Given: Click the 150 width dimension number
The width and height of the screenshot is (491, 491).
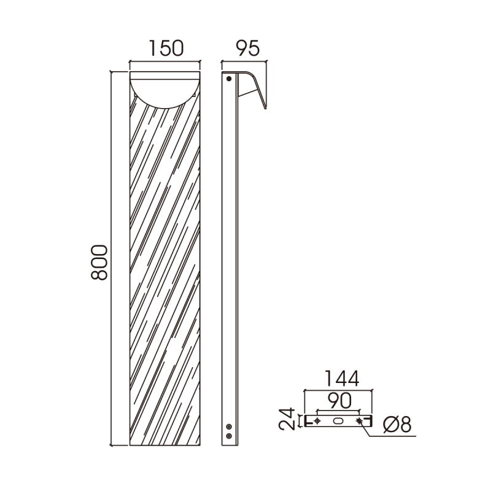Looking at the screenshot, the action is click(x=166, y=48).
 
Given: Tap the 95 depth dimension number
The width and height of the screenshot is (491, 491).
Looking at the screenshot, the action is click(x=248, y=48).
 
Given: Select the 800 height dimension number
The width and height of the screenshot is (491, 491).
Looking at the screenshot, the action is click(x=99, y=263).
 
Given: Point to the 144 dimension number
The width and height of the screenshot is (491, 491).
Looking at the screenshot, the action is click(x=342, y=378).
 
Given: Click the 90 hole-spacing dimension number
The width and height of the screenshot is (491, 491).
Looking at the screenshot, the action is click(x=340, y=401).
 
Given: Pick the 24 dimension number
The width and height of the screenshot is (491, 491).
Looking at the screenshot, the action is click(x=287, y=419).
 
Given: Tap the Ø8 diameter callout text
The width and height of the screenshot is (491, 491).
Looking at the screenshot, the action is click(x=397, y=424).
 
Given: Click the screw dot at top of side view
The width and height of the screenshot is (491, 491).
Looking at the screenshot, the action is click(x=229, y=79).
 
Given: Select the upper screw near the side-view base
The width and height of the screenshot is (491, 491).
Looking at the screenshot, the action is click(x=229, y=427).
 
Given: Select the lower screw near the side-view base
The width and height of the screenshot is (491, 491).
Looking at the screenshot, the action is click(x=229, y=436).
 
